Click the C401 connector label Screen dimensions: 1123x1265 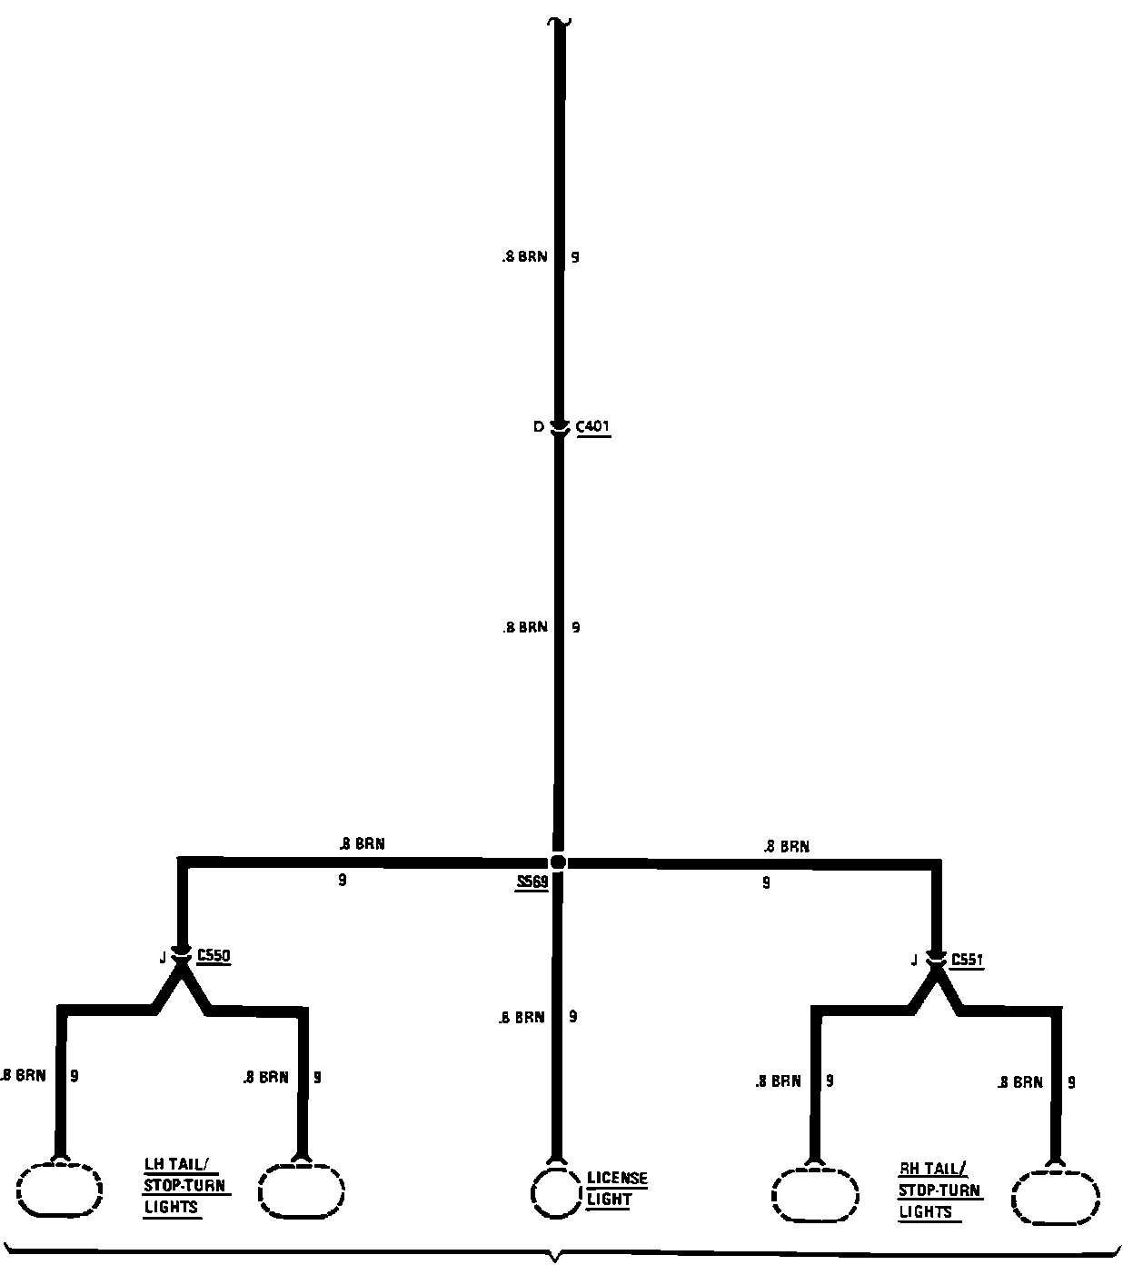pos(593,426)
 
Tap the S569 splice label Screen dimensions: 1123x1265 pos(532,882)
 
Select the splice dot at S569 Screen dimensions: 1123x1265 pos(558,862)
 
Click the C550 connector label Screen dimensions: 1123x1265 pos(214,955)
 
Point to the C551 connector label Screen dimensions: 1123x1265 pos(968,960)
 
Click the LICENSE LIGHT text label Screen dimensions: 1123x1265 pos(616,1189)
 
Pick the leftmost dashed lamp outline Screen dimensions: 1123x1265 pos(60,1190)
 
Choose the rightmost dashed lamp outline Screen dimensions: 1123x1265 pos(1056,1197)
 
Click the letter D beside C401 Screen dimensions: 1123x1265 pos(538,427)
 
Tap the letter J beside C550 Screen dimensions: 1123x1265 pos(163,957)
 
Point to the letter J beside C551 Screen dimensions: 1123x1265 pos(914,961)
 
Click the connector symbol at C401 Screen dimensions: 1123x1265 pos(559,428)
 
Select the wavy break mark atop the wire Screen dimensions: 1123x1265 pos(559,20)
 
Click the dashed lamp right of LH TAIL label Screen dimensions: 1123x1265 pos(302,1190)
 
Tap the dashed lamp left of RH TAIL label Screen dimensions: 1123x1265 pos(815,1195)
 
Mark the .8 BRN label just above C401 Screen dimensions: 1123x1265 pos(525,257)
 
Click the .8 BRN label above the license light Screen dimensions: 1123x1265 pos(522,1018)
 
